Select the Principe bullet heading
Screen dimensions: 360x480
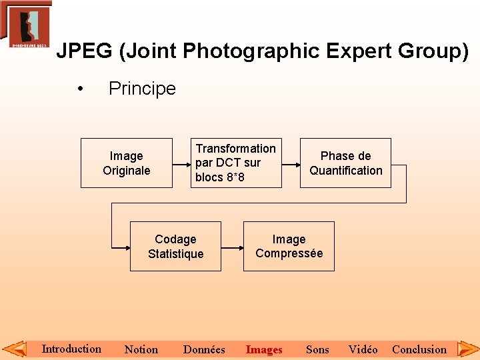[x=142, y=89]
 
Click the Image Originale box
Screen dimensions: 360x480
[x=127, y=163]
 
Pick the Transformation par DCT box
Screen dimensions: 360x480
[x=235, y=163]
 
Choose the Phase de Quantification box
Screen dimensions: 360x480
[x=345, y=163]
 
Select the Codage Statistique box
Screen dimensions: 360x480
[x=175, y=247]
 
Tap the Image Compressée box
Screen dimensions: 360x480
[x=289, y=247]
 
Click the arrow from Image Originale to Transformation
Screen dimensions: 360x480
[x=181, y=163]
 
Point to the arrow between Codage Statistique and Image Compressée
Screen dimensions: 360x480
[x=231, y=247]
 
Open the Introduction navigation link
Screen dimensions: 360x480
[x=71, y=349]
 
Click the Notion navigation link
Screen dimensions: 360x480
[x=141, y=349]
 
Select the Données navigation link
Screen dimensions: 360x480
[x=204, y=349]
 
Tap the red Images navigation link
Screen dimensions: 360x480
[x=264, y=349]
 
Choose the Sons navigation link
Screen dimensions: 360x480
[x=317, y=349]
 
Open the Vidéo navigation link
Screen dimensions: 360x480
[x=363, y=349]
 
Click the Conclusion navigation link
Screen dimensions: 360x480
[x=419, y=349]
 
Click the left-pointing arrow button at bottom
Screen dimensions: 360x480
[x=14, y=349]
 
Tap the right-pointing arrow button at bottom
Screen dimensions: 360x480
[x=467, y=349]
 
